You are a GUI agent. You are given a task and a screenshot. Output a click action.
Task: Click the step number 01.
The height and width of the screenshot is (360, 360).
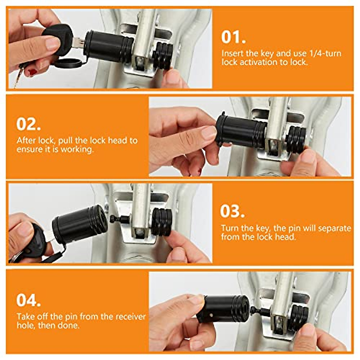233,37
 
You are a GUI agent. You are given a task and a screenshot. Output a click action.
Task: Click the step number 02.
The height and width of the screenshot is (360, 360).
28,124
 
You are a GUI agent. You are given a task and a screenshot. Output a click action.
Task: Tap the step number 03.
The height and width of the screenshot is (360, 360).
232,211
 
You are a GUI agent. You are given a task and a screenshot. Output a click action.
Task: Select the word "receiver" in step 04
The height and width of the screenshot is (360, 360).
131,317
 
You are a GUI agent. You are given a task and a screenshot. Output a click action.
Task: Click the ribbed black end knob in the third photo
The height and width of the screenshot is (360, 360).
162,222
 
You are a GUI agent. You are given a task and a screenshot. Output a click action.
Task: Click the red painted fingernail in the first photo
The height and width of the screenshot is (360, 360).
32,72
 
